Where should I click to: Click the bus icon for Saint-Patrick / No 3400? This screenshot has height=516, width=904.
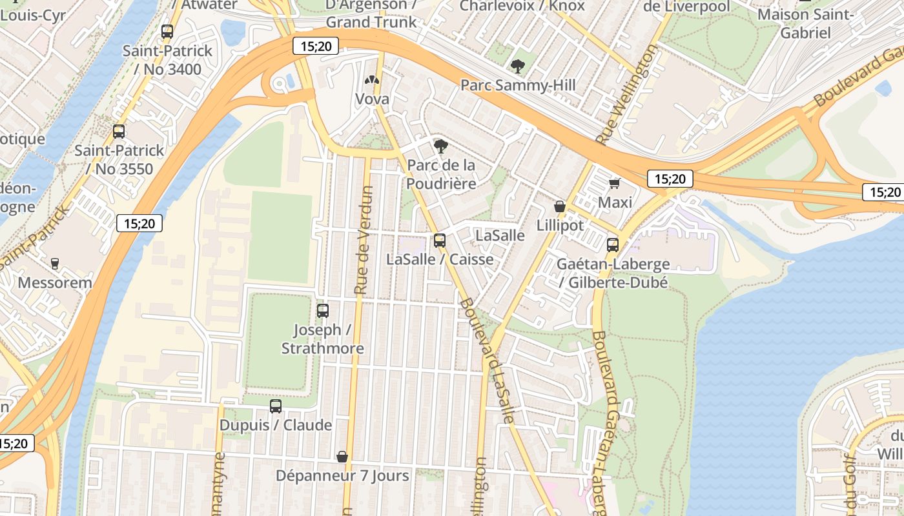coord(167,31)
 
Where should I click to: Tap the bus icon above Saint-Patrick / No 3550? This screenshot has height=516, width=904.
coord(119,132)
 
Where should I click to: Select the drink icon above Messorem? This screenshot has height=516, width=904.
coord(55,263)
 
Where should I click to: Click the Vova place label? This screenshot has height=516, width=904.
coord(372,99)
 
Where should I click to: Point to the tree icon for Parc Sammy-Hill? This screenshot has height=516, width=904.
coord(517,66)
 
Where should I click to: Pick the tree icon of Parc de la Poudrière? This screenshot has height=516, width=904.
coord(441,146)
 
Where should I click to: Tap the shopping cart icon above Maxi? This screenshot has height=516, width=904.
coord(615,183)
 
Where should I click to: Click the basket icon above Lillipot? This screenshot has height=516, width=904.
coord(560,206)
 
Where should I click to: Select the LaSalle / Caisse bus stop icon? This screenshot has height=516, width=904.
coord(440,240)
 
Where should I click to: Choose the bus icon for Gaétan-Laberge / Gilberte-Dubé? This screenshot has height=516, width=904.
coord(613,245)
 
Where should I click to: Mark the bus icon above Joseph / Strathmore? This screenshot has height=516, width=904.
coord(323,310)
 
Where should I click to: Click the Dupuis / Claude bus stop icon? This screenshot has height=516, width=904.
coord(276,406)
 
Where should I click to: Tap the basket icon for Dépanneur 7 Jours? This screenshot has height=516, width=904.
coord(342,457)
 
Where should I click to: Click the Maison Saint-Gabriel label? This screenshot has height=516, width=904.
coord(805,23)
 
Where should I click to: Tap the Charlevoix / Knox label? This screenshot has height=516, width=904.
coord(522,6)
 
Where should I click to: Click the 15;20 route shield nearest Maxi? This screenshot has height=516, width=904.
coord(670,179)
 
